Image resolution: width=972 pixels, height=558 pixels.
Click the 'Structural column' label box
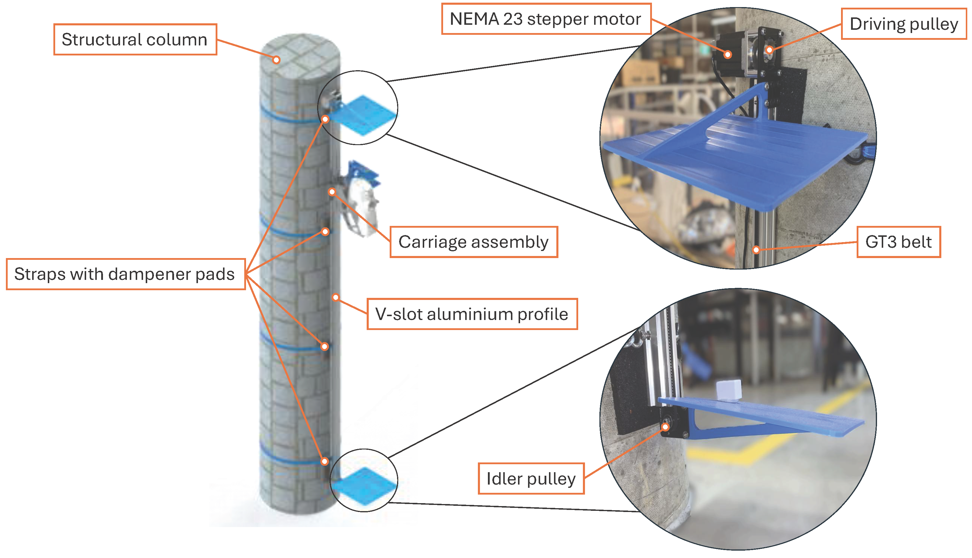coord(135,40)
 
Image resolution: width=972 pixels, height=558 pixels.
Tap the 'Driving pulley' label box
coord(903,24)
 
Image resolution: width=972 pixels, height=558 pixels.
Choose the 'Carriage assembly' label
coord(473,242)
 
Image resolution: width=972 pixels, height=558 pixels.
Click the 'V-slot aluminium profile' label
coord(472,314)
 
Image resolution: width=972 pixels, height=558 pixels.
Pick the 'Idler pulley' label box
coord(531,478)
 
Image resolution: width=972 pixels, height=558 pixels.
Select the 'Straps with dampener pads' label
coord(125,274)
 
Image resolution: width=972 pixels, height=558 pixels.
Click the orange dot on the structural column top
coord(276,60)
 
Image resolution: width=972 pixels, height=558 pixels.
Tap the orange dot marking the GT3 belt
coord(756,250)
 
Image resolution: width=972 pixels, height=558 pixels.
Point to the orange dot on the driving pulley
coord(769,50)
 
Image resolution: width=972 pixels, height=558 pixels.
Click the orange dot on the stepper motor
coord(728,55)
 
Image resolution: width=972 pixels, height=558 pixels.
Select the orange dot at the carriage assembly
coord(332,192)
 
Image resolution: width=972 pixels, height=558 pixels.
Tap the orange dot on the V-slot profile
coord(336,297)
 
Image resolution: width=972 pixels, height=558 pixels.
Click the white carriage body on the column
coord(364,207)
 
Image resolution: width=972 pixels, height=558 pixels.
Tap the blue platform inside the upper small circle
coord(362,115)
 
